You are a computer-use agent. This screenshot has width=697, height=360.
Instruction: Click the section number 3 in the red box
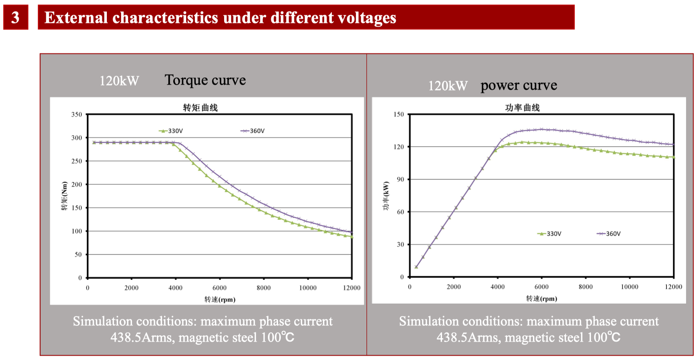[15, 18]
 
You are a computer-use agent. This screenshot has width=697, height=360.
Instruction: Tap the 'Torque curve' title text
[205, 80]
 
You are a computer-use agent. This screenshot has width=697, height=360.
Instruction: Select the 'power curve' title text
[518, 85]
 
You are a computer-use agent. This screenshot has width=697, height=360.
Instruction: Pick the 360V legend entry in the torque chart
[253, 131]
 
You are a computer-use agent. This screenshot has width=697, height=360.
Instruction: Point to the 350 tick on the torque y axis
[77, 114]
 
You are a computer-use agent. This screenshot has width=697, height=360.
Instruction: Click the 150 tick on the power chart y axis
[399, 114]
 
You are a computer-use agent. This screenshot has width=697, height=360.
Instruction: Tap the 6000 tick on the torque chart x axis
[220, 288]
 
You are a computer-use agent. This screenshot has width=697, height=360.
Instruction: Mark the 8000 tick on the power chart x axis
[586, 287]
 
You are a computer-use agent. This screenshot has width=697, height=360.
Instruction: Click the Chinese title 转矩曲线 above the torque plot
[200, 108]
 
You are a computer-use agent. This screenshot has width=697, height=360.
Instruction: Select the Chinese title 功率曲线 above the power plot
[522, 108]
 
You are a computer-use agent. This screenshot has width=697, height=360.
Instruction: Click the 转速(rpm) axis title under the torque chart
[220, 300]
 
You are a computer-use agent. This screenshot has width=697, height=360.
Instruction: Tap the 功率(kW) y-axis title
[386, 196]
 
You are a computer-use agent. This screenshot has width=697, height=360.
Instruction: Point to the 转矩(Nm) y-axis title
[64, 196]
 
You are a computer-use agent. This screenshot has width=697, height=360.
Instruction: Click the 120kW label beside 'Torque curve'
[119, 81]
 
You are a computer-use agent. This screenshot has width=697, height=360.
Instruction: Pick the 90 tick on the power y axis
[400, 179]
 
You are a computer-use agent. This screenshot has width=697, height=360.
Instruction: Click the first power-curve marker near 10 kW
[416, 267]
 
